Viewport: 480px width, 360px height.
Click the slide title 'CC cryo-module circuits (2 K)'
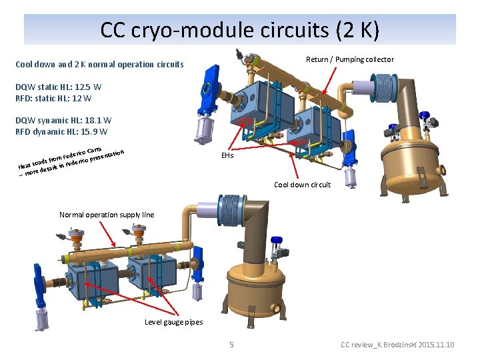pos(240,30)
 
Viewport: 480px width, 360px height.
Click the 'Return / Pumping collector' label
pos(349,59)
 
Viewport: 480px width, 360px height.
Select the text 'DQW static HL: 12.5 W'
pos(59,87)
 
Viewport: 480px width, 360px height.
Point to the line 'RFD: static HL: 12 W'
pos(53,98)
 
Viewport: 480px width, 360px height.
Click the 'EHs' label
pos(227,155)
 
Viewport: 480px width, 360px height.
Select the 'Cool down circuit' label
pos(302,185)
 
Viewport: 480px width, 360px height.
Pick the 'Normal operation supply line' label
pos(107,215)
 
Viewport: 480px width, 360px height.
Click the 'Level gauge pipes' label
pos(174,322)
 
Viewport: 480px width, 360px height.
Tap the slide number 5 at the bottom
pos(231,345)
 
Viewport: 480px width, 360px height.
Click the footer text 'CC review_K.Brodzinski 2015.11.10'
pos(397,345)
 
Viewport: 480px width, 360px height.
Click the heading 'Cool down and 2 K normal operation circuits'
pos(99,65)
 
